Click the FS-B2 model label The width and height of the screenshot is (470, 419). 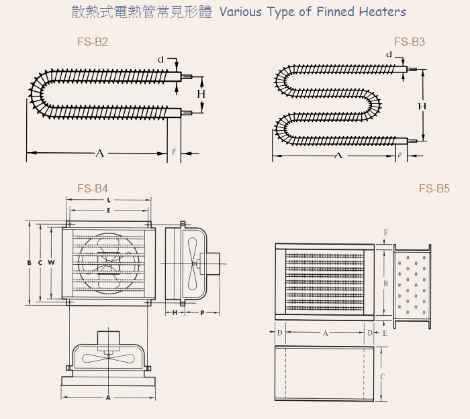point(93,42)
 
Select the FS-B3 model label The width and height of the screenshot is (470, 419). point(410,42)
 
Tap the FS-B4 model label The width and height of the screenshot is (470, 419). point(93,188)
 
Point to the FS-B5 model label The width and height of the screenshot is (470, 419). point(434,188)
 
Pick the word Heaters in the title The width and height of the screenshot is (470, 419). point(383,11)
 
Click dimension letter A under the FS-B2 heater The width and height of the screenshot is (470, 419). point(100,154)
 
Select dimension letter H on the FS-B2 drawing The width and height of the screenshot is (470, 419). point(201,94)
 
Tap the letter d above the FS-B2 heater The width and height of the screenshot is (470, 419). point(161,60)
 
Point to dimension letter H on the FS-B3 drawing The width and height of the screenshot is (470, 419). point(422,106)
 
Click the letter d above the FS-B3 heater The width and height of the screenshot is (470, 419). point(389,54)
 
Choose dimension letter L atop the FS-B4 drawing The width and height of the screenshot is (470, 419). point(109,200)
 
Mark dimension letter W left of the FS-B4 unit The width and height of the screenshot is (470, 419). point(51,263)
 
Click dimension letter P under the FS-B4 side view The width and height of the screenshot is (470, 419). point(202,313)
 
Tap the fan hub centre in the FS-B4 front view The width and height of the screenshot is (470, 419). point(108,263)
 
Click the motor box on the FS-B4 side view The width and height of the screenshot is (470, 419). point(209,263)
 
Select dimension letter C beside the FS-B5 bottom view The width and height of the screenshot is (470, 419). point(383,377)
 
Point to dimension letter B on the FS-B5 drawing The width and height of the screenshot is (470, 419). point(386,284)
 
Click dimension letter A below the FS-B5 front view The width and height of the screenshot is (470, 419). point(326,333)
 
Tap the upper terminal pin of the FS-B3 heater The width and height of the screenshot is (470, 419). point(412,70)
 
